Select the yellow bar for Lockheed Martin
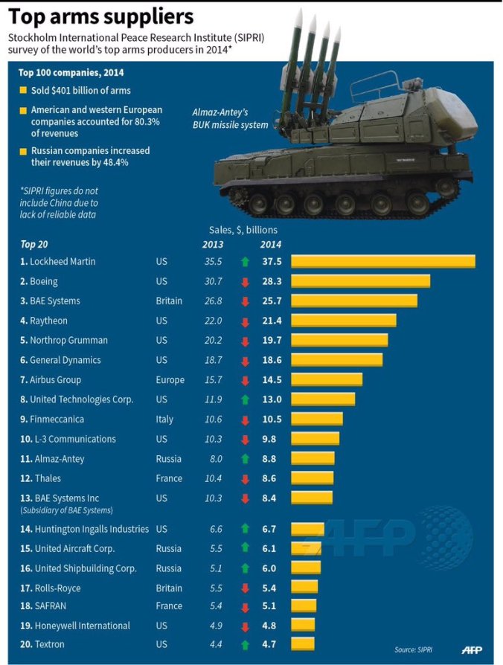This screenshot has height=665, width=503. point(382,262)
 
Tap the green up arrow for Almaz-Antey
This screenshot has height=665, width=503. point(245,459)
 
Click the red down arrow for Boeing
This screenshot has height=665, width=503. point(245,282)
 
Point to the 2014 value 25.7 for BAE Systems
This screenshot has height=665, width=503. point(271,301)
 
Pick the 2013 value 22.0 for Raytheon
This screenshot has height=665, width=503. point(213,321)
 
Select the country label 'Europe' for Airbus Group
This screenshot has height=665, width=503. point(170,380)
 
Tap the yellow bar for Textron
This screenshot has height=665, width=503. point(302,644)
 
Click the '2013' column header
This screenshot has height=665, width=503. point(213,245)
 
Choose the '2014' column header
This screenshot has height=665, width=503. point(270,245)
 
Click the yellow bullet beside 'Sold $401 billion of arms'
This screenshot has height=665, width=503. point(23,91)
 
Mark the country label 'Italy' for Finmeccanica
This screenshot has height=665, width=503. point(164,420)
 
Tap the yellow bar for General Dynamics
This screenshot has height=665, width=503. point(336,360)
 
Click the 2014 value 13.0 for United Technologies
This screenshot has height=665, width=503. point(271,399)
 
